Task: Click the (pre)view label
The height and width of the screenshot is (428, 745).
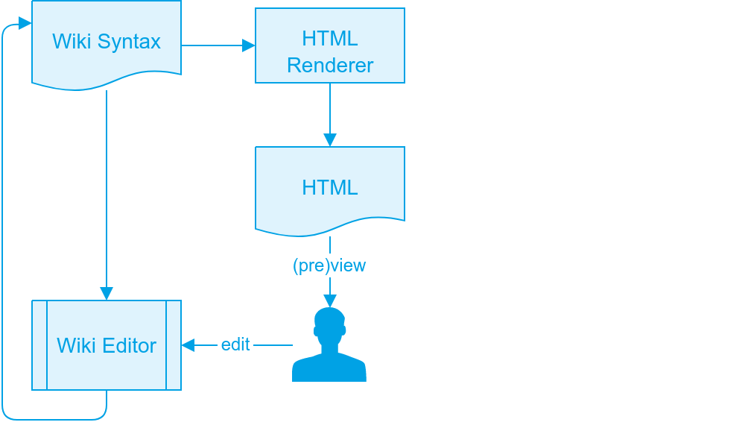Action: coord(329,265)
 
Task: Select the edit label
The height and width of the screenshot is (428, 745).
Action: coord(235,344)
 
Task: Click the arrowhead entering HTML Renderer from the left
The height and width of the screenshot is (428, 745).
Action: coord(249,45)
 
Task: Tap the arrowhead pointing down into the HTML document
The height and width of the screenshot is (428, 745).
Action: coord(330,140)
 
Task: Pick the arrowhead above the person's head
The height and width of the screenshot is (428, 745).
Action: coord(330,301)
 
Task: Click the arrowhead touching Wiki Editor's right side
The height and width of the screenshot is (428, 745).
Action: coord(188,345)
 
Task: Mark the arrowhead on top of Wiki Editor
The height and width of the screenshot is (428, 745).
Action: coord(107,294)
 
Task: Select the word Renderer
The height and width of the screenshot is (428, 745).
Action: coord(330,66)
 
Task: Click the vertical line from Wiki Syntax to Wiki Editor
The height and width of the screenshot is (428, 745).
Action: coord(107,186)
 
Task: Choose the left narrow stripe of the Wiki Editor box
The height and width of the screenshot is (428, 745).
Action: coord(39,345)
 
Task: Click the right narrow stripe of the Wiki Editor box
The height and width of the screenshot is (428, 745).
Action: coord(174,345)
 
